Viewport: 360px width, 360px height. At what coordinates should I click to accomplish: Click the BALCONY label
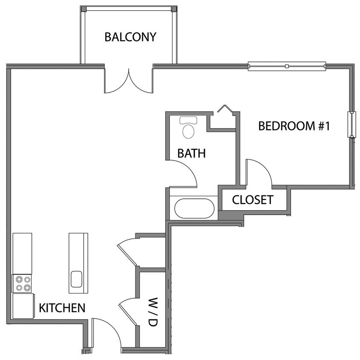(x=130, y=37)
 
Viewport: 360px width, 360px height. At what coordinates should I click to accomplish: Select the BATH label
(x=191, y=153)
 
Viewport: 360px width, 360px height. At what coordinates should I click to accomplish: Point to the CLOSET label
(x=252, y=200)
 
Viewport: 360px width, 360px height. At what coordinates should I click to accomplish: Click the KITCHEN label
(x=62, y=308)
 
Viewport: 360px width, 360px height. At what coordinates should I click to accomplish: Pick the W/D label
(x=153, y=312)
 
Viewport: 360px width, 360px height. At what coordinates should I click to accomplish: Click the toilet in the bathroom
(x=188, y=128)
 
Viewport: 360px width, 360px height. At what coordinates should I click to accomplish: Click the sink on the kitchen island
(x=77, y=280)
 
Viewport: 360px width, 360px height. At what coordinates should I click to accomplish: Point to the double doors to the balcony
(x=128, y=81)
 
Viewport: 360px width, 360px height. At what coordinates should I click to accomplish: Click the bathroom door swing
(x=184, y=173)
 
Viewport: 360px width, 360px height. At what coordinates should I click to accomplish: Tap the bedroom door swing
(x=258, y=172)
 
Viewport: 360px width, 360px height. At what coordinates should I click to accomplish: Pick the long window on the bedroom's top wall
(x=287, y=66)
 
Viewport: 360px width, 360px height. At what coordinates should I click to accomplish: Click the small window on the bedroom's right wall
(x=352, y=125)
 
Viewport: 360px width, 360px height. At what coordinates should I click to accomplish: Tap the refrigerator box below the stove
(x=23, y=306)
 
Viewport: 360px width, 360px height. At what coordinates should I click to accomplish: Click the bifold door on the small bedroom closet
(x=224, y=110)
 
